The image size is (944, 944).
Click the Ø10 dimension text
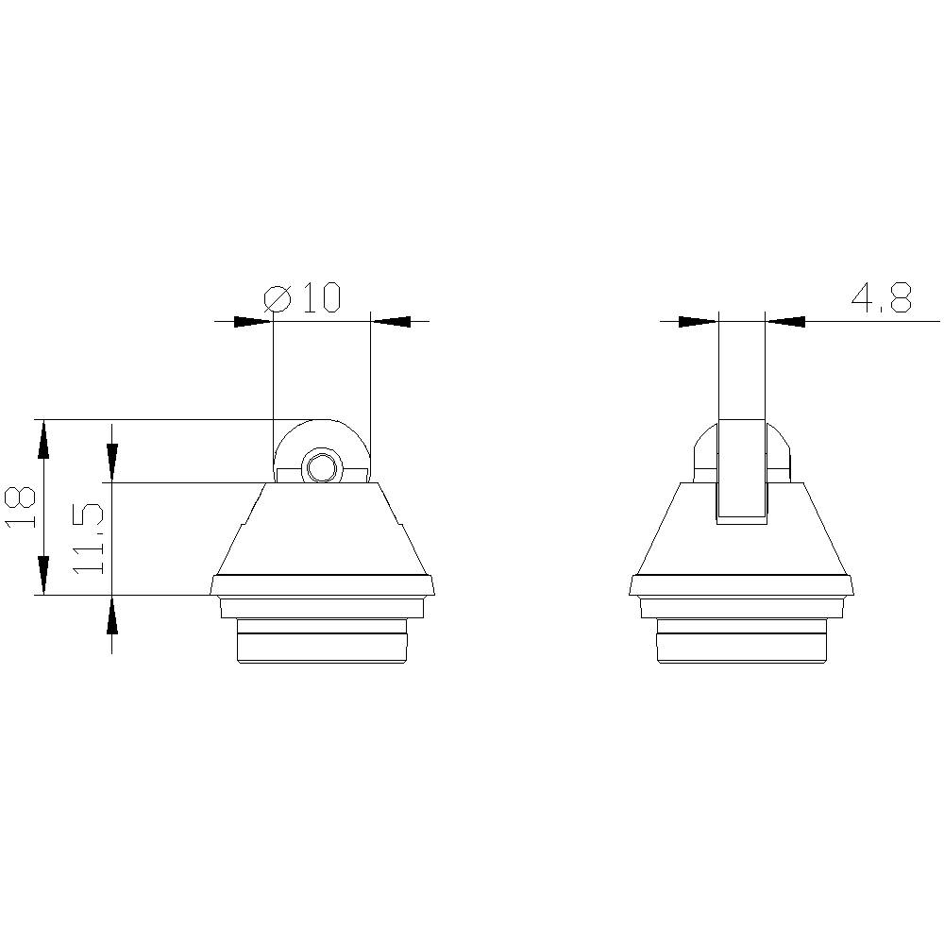302,298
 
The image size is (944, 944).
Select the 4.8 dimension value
882,298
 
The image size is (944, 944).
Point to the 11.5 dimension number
88,540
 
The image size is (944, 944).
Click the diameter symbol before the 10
278,299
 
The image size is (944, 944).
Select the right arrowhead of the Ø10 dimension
390,321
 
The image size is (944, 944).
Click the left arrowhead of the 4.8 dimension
699,321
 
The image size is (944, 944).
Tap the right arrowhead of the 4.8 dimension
785,321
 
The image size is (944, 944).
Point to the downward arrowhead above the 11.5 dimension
112,462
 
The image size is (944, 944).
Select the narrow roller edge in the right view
742,472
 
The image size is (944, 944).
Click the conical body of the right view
742,548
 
